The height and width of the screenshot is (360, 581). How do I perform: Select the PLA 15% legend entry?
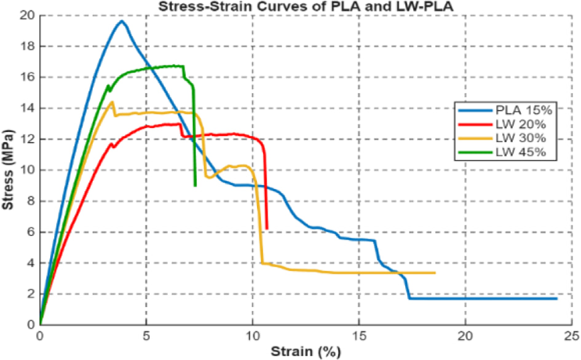505,110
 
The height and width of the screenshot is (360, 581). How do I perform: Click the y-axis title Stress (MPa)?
7,170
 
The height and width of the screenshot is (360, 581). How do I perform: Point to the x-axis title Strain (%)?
306,351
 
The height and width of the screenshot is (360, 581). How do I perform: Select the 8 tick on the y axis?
31,201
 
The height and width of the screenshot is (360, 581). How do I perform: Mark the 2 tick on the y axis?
31,294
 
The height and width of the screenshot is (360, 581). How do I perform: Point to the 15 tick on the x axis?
359,335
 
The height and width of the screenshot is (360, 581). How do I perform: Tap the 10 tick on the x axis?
253,335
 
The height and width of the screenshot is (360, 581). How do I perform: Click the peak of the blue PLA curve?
122,21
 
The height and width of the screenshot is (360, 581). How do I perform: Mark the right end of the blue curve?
556,299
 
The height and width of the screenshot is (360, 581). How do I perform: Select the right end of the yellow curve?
435,273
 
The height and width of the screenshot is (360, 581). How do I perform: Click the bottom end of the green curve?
196,186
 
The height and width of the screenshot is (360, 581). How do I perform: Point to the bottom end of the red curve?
267,229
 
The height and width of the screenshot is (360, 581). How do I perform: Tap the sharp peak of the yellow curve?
112,102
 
